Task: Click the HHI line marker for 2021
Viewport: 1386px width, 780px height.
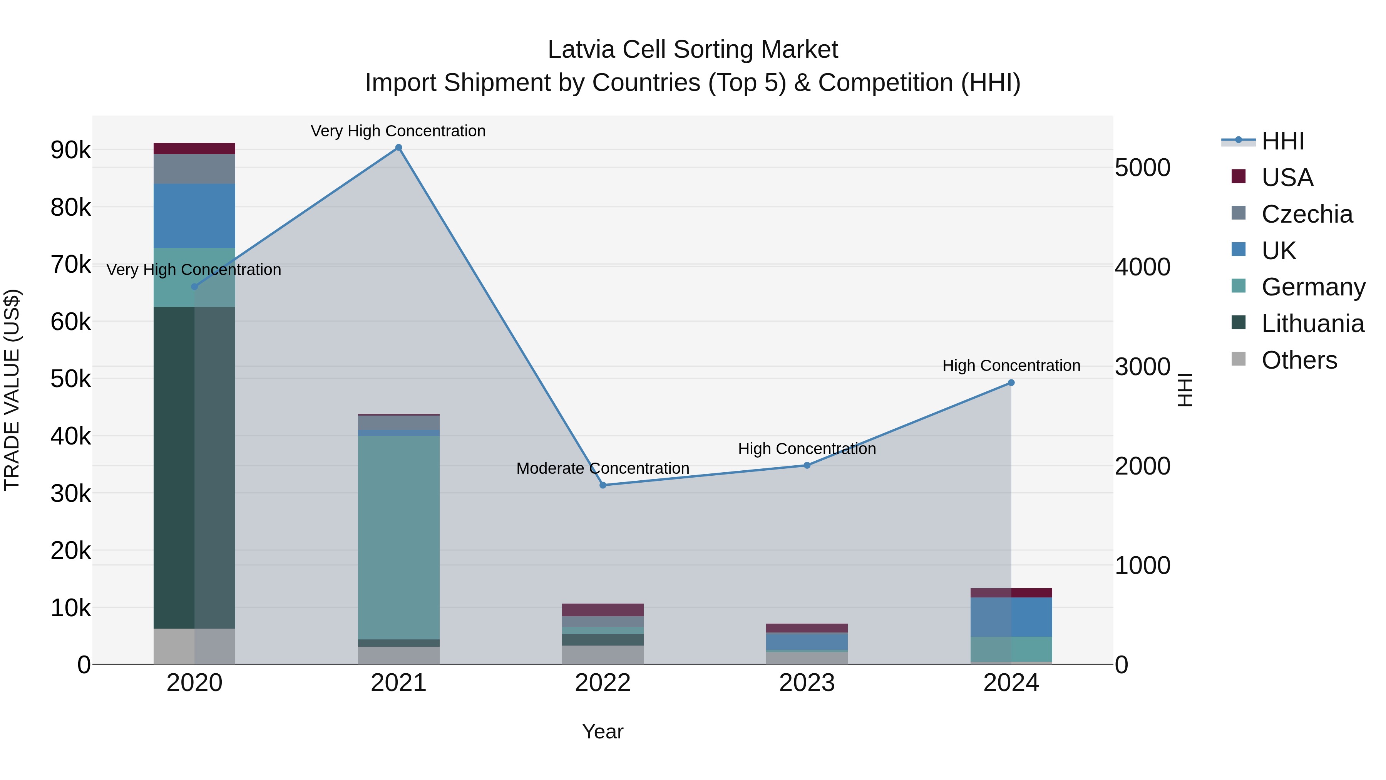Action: click(399, 148)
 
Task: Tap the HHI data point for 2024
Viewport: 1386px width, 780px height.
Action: click(1011, 383)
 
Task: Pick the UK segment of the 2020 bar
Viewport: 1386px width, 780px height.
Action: click(194, 215)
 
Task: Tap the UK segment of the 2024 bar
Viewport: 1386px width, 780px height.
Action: click(1011, 617)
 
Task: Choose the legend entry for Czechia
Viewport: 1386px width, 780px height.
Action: click(1306, 214)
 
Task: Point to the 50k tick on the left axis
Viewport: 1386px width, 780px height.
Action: click(70, 379)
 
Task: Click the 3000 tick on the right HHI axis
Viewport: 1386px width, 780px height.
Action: click(1142, 367)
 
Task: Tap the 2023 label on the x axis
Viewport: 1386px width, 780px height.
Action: click(807, 683)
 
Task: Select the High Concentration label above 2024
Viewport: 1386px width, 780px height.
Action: click(1011, 366)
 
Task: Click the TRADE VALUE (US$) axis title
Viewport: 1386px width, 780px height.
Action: click(12, 390)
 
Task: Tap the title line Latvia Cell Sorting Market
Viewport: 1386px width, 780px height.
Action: click(693, 50)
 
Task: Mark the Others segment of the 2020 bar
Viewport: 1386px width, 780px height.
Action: click(194, 646)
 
